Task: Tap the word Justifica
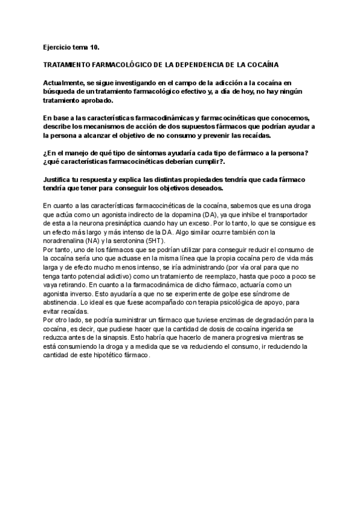coord(60,180)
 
